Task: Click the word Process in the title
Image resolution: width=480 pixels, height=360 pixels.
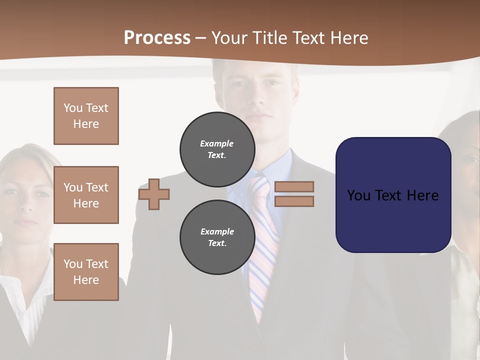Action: point(157,37)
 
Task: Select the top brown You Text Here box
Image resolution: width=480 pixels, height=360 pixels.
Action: point(86,116)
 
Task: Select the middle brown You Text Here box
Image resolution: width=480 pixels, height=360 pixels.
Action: point(86,195)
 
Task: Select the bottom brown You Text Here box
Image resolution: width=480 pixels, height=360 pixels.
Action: point(86,271)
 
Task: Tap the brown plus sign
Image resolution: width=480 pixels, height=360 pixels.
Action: point(154,194)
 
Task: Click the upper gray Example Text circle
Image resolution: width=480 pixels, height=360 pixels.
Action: point(217,149)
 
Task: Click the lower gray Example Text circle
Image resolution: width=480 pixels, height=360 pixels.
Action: point(217,237)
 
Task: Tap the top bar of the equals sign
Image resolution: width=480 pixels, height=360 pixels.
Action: point(294,186)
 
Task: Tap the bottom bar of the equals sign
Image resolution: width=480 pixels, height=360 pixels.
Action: point(294,201)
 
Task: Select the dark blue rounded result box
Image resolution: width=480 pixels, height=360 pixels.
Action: point(393,220)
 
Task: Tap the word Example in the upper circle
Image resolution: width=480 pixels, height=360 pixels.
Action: point(217,143)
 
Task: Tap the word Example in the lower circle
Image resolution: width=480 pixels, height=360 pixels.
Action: point(217,231)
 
